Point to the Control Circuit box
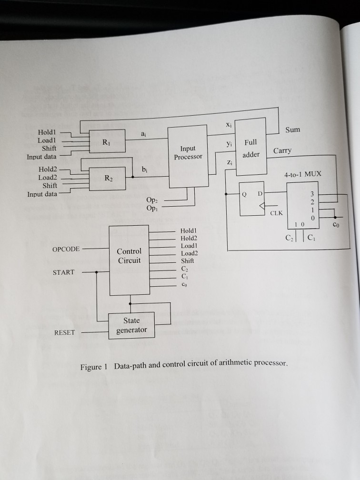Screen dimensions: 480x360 click(x=129, y=256)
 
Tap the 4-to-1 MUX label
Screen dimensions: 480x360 click(x=302, y=175)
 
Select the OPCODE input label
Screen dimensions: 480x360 click(x=67, y=249)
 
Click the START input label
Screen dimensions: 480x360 click(x=64, y=272)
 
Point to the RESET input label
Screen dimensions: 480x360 click(x=64, y=332)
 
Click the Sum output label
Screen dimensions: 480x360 click(x=293, y=130)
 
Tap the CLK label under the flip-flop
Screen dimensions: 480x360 click(x=276, y=213)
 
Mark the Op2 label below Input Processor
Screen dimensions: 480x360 click(x=152, y=201)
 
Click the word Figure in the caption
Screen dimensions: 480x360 click(x=90, y=367)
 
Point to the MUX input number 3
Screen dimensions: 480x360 click(x=312, y=194)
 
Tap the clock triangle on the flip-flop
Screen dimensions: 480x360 click(x=260, y=206)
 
